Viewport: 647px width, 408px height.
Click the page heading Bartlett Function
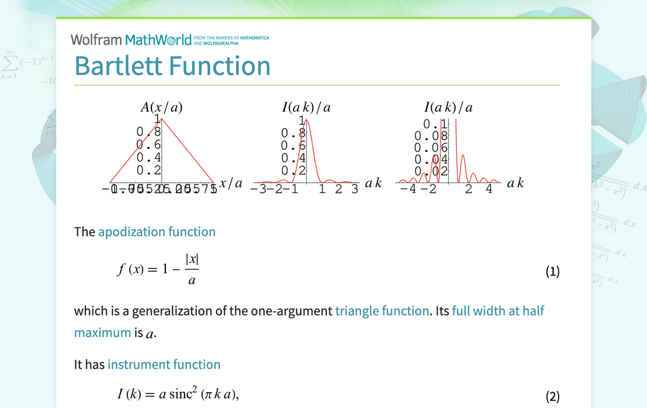click(x=172, y=65)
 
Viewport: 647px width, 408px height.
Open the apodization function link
click(x=156, y=232)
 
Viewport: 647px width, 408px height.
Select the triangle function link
click(x=381, y=311)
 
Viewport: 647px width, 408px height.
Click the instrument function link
click(x=164, y=364)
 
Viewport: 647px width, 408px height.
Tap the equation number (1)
click(x=552, y=272)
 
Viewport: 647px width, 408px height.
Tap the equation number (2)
click(x=552, y=396)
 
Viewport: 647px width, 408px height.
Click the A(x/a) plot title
click(x=161, y=107)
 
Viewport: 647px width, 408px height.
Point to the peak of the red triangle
click(x=162, y=119)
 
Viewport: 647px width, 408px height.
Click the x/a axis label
click(x=231, y=183)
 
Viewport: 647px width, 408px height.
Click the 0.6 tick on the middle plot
click(x=293, y=145)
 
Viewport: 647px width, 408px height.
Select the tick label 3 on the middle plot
click(x=354, y=189)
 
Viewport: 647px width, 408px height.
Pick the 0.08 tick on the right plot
click(x=431, y=136)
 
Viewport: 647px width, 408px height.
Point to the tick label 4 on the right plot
click(x=489, y=189)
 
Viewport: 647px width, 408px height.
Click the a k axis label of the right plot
click(x=515, y=183)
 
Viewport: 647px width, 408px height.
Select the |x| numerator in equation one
click(x=191, y=260)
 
